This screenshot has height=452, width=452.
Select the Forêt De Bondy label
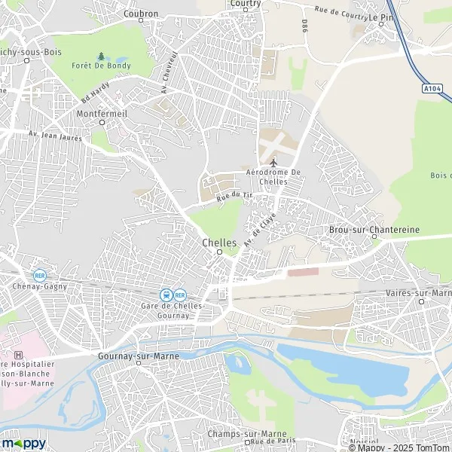tap(101, 66)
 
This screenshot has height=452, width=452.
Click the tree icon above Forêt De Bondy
tap(101, 56)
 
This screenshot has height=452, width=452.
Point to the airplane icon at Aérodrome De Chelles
tap(273, 162)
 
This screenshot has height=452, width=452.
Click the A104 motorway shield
tap(431, 89)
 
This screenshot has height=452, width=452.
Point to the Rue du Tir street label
tap(233, 196)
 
